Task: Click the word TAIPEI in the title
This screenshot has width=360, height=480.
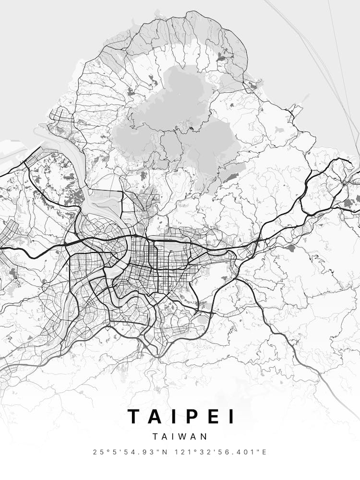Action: [181, 417]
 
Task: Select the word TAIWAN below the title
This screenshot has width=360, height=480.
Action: [180, 437]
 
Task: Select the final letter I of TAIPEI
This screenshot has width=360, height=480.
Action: [232, 417]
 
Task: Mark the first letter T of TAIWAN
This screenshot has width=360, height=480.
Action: [156, 437]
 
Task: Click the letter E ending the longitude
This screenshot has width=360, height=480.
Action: [264, 452]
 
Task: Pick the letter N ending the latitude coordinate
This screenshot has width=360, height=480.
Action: [166, 452]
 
